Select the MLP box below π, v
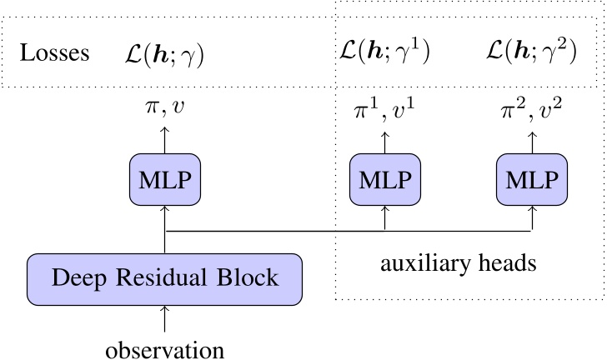pos(165,181)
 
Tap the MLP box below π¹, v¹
pos(384,181)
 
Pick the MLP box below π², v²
pos(531,181)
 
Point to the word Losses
pos(55,55)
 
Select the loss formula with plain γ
pos(164,55)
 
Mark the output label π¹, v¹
pos(384,107)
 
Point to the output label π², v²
pos(531,107)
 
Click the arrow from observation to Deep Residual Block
pos(165,318)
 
